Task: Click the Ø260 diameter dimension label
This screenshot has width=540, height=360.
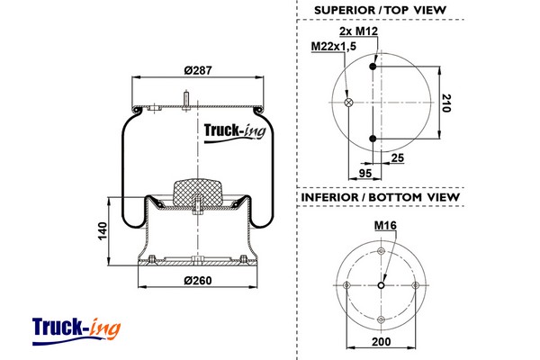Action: [x=197, y=279]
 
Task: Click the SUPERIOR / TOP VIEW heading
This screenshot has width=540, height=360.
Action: [x=381, y=11]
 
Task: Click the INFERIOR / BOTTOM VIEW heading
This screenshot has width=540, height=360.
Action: [x=380, y=197]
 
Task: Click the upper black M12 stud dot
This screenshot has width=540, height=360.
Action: [x=373, y=66]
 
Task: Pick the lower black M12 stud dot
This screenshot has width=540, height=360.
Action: [x=373, y=138]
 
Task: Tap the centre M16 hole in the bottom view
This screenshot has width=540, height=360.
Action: [x=382, y=286]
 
